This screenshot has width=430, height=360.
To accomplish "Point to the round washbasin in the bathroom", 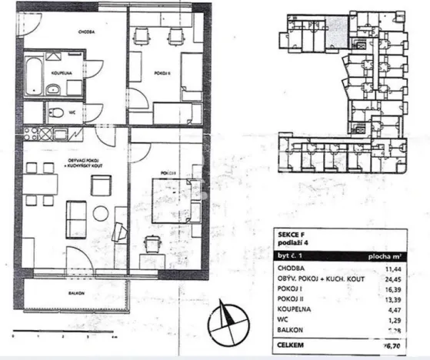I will (x=53, y=91).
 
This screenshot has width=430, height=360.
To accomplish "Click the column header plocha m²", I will (x=394, y=256).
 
